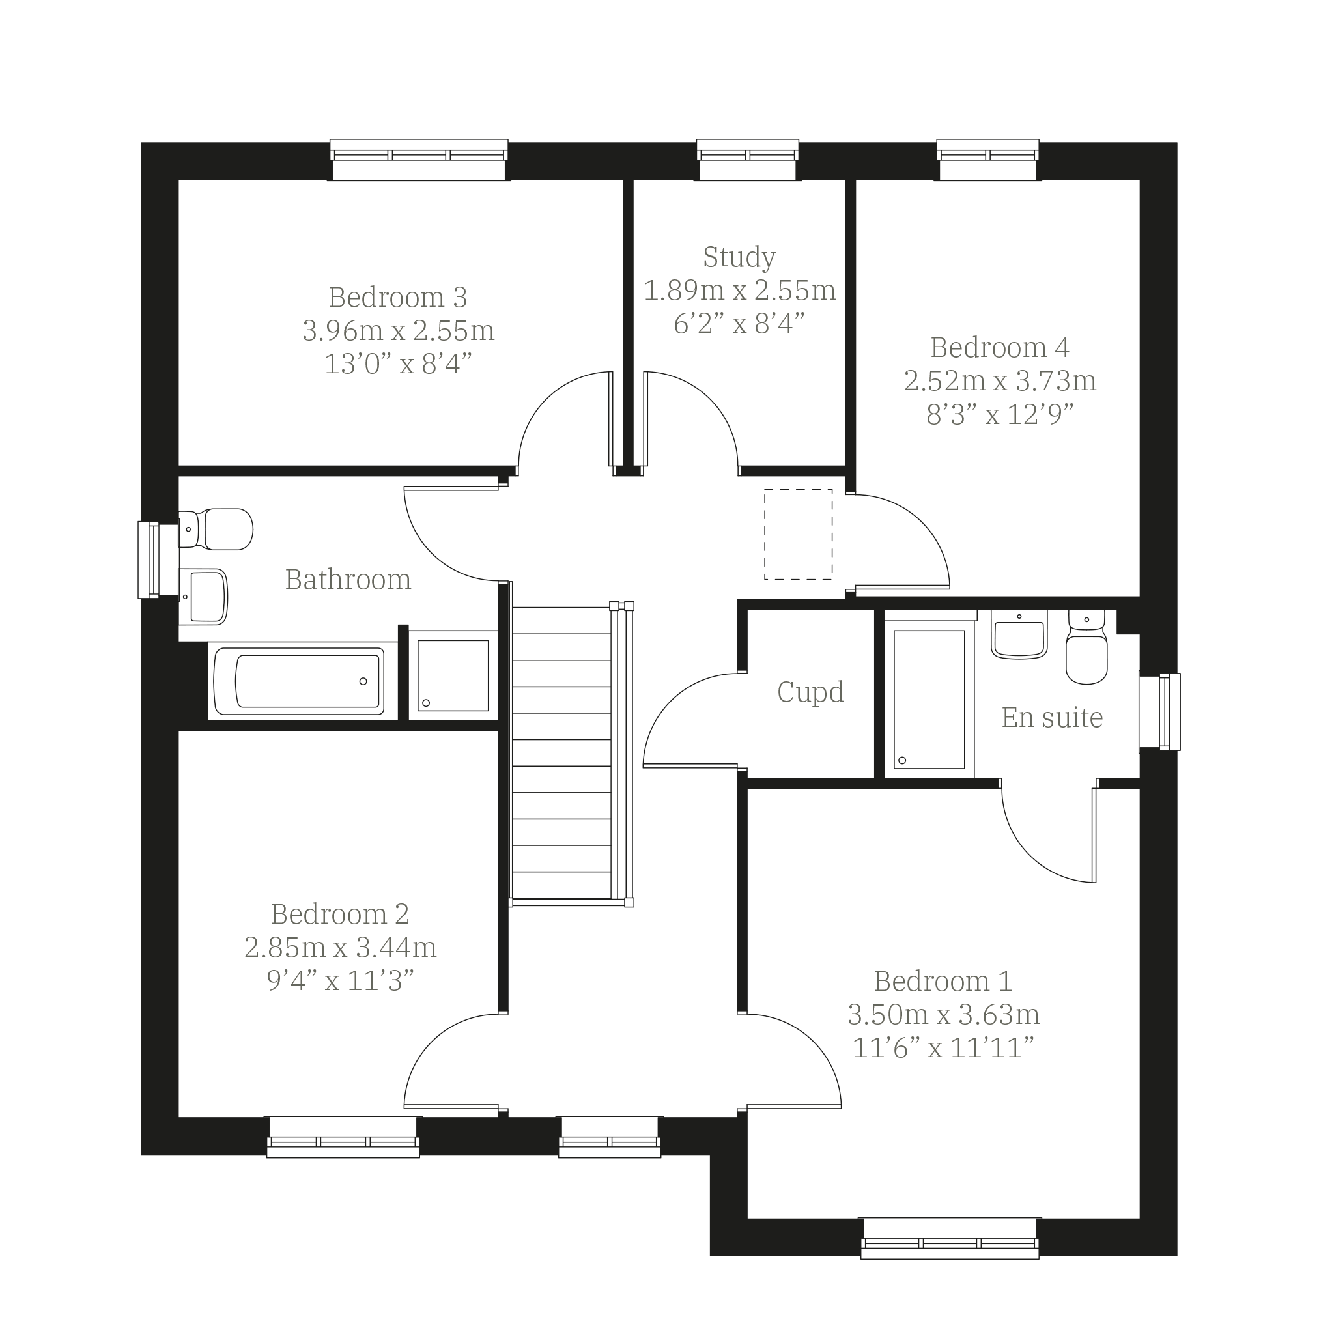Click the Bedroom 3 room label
tap(397, 297)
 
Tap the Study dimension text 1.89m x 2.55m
tap(739, 290)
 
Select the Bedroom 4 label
tap(999, 348)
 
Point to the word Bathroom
tap(348, 580)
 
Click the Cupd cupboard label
tap(810, 692)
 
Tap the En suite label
tap(1052, 718)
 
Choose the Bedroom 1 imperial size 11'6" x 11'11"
tap(944, 1047)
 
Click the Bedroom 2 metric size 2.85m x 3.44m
tap(340, 947)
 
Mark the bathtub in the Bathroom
tap(299, 681)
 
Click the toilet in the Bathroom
tap(216, 529)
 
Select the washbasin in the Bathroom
tap(203, 597)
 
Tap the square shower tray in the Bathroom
tap(453, 675)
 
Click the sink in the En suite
tap(1019, 634)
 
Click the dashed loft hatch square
tap(798, 535)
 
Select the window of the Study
tap(748, 160)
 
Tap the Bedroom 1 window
tap(950, 1238)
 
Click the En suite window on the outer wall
tap(1160, 712)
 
